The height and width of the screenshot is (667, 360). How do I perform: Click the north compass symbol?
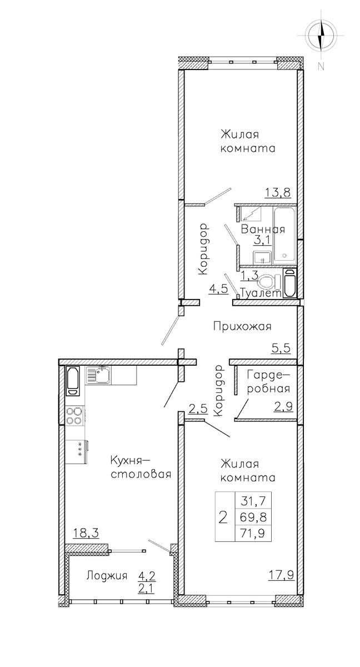click(x=321, y=35)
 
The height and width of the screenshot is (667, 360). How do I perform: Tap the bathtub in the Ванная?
click(x=284, y=236)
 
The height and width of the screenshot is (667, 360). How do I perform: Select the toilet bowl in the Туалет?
click(x=270, y=281)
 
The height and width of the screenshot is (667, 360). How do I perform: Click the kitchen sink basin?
click(x=98, y=375)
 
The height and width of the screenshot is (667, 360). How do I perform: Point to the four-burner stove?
click(x=74, y=415)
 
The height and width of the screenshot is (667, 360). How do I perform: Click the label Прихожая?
click(x=242, y=327)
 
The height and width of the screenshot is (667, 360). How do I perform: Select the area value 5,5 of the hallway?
click(x=281, y=348)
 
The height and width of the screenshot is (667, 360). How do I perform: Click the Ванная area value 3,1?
click(x=263, y=240)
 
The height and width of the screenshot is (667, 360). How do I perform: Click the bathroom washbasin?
click(x=262, y=257)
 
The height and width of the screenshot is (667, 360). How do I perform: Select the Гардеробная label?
click(x=268, y=381)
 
